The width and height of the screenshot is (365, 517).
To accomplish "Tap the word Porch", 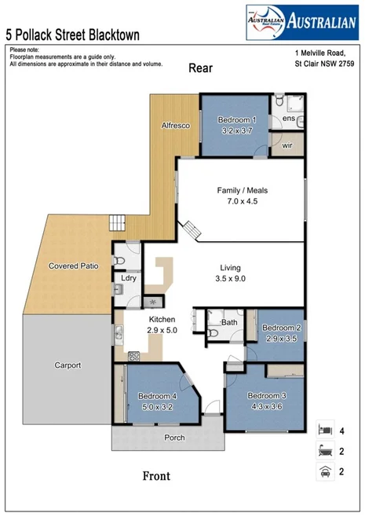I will tap(173, 438).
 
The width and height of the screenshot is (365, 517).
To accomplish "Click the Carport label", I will tap(68, 365).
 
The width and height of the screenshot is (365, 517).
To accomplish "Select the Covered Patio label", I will tap(73, 266).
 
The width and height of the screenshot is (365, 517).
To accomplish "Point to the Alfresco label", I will tap(175, 126).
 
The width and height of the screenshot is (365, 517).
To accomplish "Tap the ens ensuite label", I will tap(288, 119).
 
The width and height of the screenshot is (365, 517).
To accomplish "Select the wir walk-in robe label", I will tap(287, 145).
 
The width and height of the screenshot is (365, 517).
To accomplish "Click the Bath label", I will tap(229, 322).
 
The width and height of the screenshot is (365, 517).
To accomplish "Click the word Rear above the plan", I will tap(201, 68).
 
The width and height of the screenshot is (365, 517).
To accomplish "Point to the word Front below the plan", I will tap(155, 475).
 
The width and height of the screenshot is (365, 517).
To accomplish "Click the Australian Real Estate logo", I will tap(301, 22).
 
